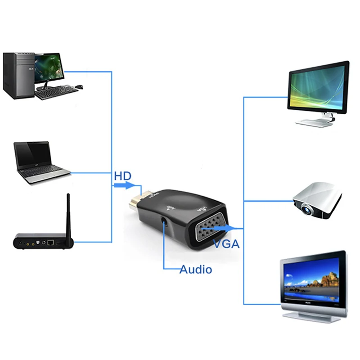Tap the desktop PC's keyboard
(x=56, y=93)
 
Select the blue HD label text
(x=123, y=175)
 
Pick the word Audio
(x=195, y=270)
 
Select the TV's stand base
(x=311, y=317)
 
